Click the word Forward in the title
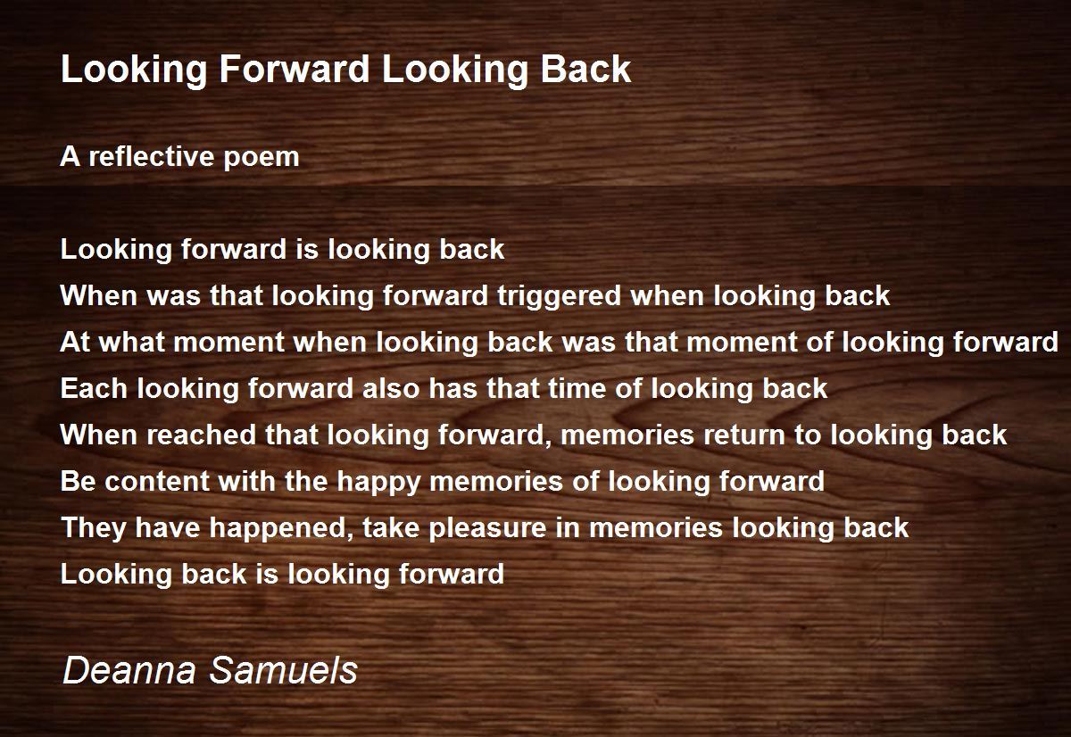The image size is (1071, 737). pyautogui.click(x=294, y=69)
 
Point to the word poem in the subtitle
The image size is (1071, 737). pyautogui.click(x=261, y=159)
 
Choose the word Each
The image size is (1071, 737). pyautogui.click(x=94, y=388)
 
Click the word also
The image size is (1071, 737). pyautogui.click(x=391, y=388)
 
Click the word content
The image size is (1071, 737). pyautogui.click(x=157, y=481)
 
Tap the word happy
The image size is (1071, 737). pyautogui.click(x=378, y=483)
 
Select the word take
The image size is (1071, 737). pyautogui.click(x=391, y=527)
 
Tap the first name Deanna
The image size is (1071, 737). pyautogui.click(x=129, y=670)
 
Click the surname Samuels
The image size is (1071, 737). pyautogui.click(x=284, y=670)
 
